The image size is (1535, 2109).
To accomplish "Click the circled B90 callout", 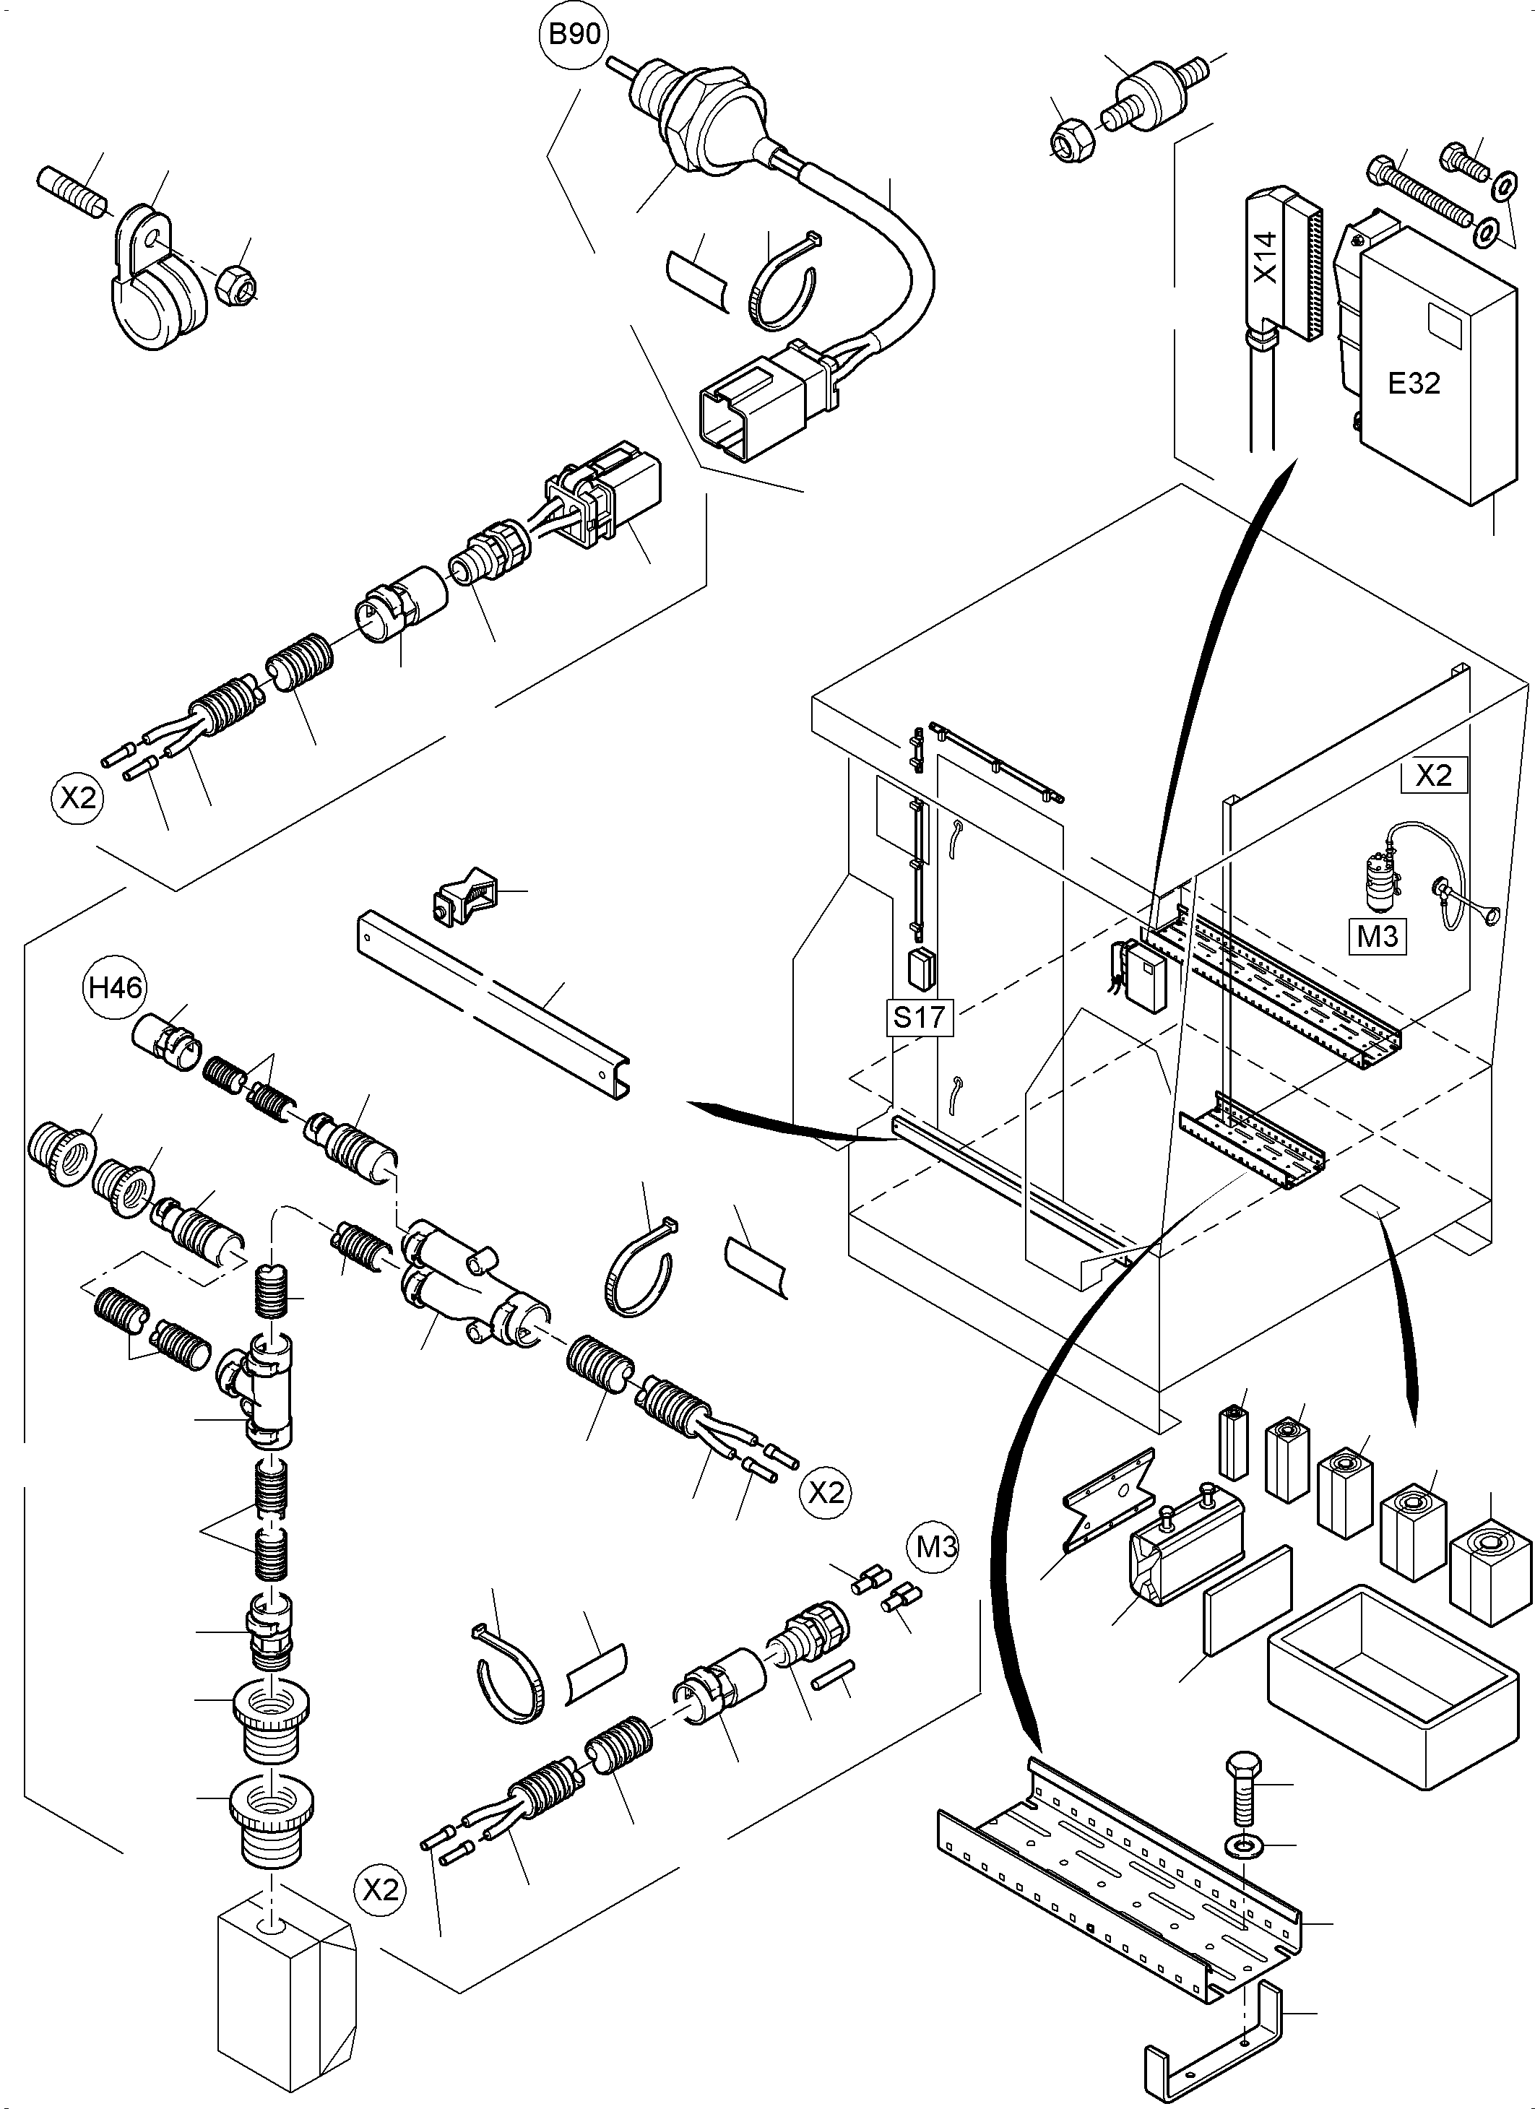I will (x=574, y=35).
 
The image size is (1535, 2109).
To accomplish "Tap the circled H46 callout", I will (x=116, y=987).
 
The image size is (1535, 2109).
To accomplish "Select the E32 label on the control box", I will (x=1413, y=383).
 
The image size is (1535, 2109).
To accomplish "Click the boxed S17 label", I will (x=919, y=1018).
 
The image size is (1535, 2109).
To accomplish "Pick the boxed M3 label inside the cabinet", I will (x=1377, y=935).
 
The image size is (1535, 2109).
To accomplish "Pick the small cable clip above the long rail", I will (x=465, y=896).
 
